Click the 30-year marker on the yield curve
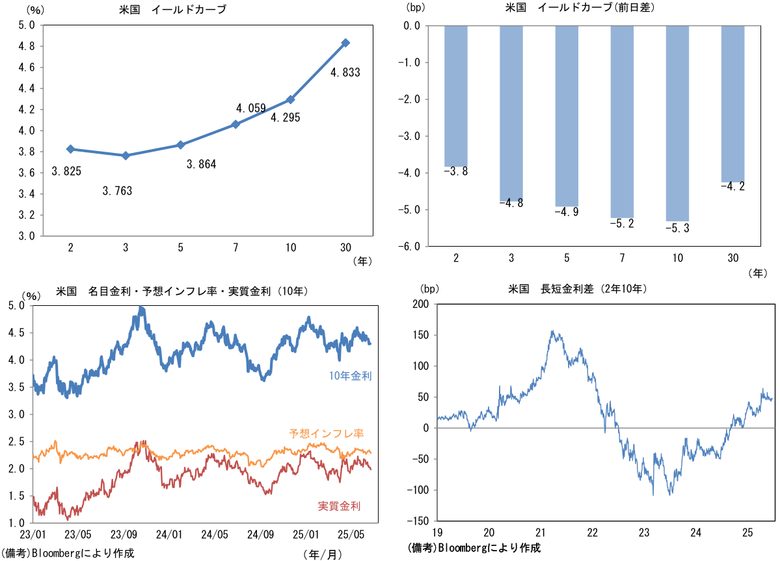coord(345,43)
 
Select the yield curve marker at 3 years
coord(126,156)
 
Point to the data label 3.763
coord(117,191)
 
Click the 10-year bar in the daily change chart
coord(677,123)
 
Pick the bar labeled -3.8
coord(456,96)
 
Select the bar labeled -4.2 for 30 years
coord(733,103)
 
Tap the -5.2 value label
coord(622,224)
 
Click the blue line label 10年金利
coord(351,376)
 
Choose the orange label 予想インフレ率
coord(326,433)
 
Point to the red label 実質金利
coord(339,506)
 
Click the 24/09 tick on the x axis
coord(261,535)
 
